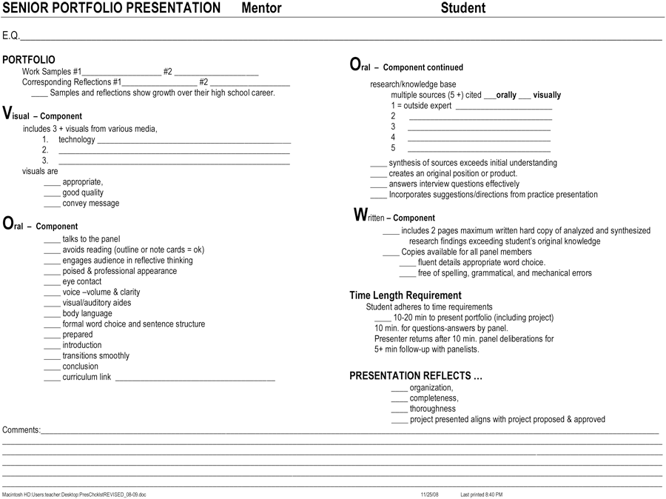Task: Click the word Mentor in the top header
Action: coord(262,8)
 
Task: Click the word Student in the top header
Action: coord(463,8)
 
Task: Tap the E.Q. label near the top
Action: coord(10,36)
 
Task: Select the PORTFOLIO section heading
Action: coord(29,60)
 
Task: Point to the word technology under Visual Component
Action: coord(77,139)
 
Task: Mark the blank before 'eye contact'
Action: coord(52,283)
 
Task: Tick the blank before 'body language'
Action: coord(52,315)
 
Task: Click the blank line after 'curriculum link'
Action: coord(195,378)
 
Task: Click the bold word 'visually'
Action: coord(547,95)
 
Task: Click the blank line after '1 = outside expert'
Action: coord(503,107)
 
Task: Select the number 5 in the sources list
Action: coord(394,148)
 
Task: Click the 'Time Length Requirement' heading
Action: coord(406,295)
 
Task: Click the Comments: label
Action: coord(21,430)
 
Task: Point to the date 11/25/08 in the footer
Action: coord(430,494)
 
